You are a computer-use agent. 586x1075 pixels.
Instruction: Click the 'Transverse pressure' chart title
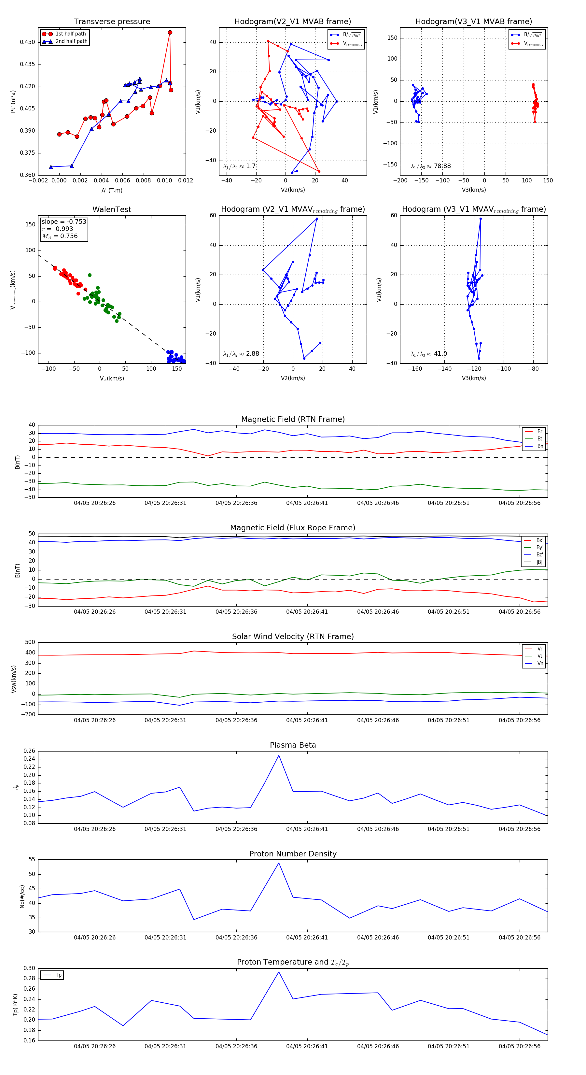[112, 22]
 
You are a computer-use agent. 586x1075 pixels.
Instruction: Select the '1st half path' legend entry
[71, 34]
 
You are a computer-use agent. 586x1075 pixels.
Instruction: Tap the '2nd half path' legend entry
[71, 41]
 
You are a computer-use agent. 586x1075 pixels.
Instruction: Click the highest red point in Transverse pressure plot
[170, 33]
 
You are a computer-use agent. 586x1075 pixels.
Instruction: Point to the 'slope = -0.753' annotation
[64, 222]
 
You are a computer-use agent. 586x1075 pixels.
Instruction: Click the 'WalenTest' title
[112, 209]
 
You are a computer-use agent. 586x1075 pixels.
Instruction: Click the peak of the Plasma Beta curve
[279, 755]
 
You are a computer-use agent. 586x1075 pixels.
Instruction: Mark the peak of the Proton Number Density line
[279, 863]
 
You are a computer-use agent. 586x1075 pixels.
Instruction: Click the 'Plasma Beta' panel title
[293, 745]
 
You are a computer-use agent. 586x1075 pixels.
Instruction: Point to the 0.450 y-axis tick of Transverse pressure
[28, 42]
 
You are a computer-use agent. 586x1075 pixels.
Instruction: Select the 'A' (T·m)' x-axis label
[112, 191]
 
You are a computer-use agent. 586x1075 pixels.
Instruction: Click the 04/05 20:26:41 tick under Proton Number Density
[307, 937]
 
